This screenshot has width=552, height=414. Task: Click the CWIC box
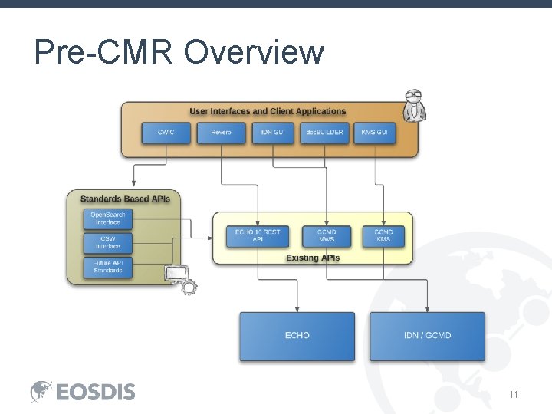coord(166,133)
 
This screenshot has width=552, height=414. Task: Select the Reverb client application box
coord(221,133)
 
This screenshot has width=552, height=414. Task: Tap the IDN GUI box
coord(273,133)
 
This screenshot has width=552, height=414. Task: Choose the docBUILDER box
coord(326,133)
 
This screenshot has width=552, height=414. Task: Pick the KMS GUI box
coord(375,133)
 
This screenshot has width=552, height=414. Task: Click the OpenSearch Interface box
coord(108,219)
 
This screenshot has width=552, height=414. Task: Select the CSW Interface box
coord(108,242)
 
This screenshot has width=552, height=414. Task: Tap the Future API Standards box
coord(108,267)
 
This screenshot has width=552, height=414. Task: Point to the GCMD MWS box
coord(327,235)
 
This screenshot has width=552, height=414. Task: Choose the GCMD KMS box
coord(383,235)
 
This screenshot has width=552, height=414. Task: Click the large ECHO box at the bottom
coord(297,336)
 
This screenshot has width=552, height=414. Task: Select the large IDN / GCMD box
coord(427,336)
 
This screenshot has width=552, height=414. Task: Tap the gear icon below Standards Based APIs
coord(188,287)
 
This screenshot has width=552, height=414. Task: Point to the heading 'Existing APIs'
coord(312,258)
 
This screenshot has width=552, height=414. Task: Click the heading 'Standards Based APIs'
coord(125,199)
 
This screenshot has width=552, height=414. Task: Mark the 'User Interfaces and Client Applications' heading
coord(268,112)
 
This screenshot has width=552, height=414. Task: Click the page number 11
coord(513,394)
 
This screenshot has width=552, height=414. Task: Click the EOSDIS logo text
coord(96,392)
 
